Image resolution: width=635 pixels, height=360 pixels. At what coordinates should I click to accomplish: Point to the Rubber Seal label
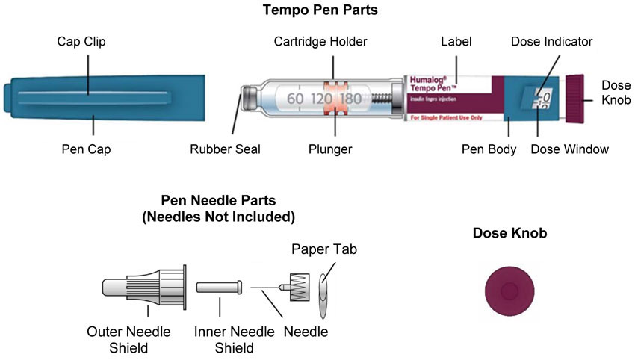(x=225, y=149)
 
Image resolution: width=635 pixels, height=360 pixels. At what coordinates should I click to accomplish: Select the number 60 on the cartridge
(x=294, y=98)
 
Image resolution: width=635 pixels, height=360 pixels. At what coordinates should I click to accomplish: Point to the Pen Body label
(x=489, y=149)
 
